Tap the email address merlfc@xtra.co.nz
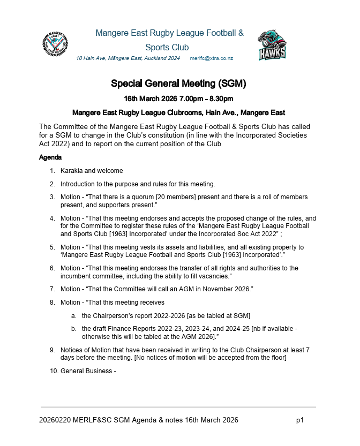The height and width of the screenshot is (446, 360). [x=212, y=58]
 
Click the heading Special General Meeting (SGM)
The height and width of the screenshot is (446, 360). [x=178, y=84]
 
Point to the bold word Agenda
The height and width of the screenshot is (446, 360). [x=50, y=158]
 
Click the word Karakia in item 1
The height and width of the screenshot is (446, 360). [x=71, y=171]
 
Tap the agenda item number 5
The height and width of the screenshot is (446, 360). [x=52, y=247]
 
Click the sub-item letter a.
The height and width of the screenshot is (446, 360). [x=73, y=316]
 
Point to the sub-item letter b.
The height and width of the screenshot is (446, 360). [x=73, y=329]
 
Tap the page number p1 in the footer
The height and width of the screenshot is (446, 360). [x=300, y=420]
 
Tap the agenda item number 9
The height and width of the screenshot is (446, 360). [x=52, y=350]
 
